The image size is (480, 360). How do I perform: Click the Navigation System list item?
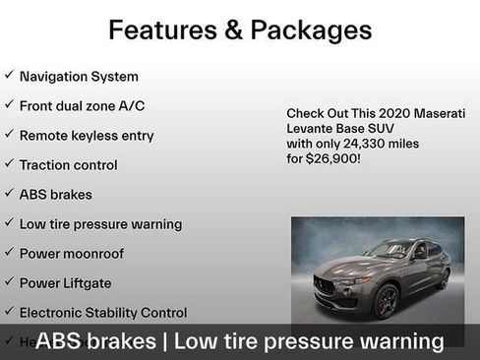79,76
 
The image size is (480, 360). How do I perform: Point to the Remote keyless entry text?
87,135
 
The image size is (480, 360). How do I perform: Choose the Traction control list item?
68,165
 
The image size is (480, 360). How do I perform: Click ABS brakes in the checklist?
56,195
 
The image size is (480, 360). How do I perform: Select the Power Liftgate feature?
65,283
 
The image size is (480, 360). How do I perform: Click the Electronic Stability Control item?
102,313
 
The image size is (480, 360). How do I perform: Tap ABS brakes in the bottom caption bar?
95,341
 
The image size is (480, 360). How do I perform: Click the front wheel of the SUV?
386,301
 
